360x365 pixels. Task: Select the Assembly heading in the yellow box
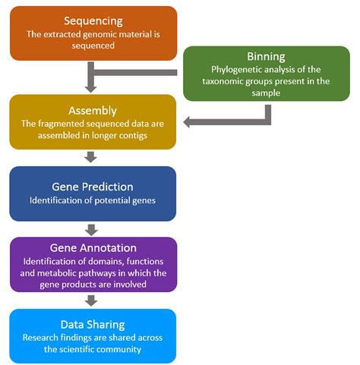click(93, 110)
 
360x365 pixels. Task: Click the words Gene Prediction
click(93, 186)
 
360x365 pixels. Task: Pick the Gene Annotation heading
click(93, 249)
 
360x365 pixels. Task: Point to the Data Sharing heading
click(93, 323)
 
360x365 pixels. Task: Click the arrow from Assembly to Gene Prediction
click(92, 157)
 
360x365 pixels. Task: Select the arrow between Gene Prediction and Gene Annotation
click(92, 229)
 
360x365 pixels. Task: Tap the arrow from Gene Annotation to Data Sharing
click(92, 300)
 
